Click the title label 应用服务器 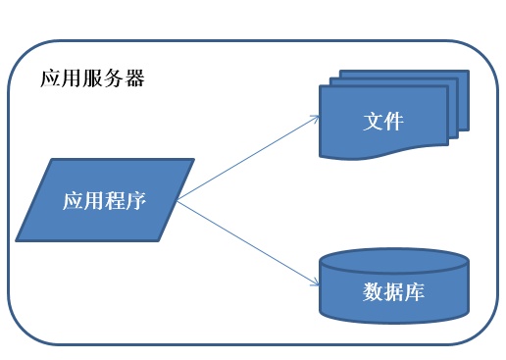tap(92, 79)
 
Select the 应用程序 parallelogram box tap(103, 201)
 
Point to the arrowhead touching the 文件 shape tap(317, 117)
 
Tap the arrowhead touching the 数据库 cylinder tap(317, 283)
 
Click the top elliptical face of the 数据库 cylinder tap(393, 261)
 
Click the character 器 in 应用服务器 tap(134, 79)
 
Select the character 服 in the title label tap(92, 79)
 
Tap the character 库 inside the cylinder tap(415, 292)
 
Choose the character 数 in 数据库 tap(373, 292)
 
